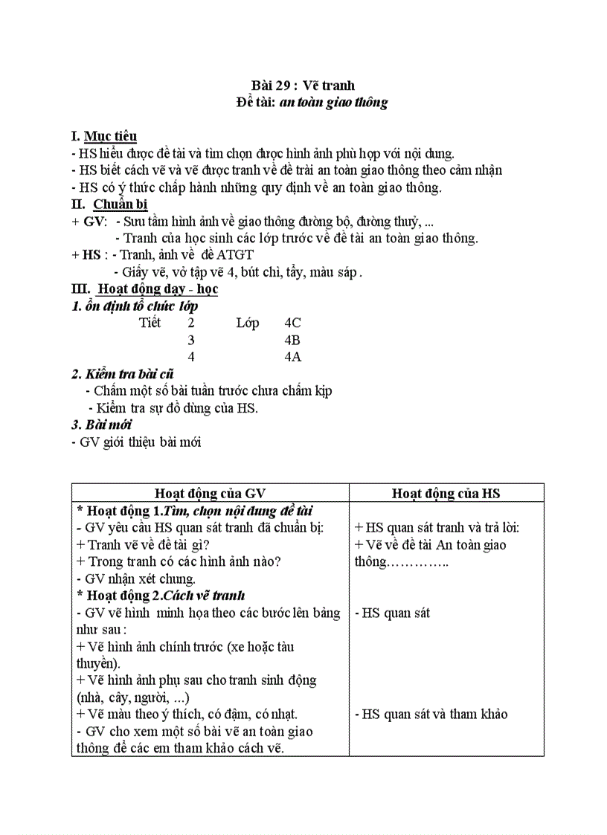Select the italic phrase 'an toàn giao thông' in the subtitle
point(333,103)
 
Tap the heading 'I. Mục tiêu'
point(103,136)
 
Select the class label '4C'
point(292,323)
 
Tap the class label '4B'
point(292,340)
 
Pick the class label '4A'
point(292,357)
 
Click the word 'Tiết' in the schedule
point(150,323)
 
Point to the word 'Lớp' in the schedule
point(247,323)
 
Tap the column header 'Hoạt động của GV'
point(210,493)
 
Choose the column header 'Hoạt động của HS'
point(446,493)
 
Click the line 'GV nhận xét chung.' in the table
point(136,578)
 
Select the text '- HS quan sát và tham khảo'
point(431,714)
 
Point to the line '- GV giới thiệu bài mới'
point(136,442)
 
